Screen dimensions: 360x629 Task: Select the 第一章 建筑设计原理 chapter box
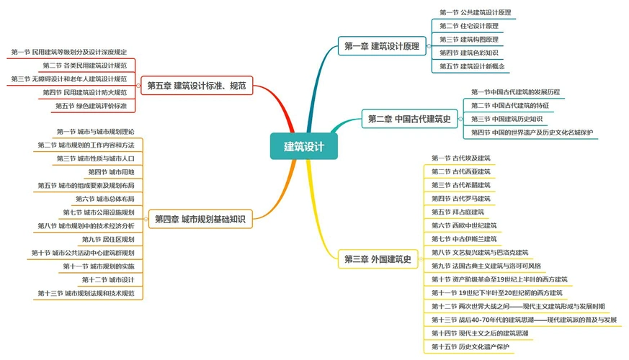coord(380,47)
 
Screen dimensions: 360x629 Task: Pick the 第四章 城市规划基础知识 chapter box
coord(200,219)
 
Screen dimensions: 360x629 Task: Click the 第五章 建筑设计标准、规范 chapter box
coord(196,86)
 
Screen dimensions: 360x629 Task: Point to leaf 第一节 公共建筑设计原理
coord(476,12)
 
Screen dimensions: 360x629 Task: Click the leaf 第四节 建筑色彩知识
coord(469,53)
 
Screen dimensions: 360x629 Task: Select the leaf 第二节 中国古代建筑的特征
coord(509,105)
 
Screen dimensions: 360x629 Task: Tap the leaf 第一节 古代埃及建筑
coord(461,158)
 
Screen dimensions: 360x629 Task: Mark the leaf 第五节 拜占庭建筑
coord(458,212)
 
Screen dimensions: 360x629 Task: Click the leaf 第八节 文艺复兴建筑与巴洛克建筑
coord(480,253)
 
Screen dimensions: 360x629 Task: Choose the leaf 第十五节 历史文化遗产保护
coord(470,347)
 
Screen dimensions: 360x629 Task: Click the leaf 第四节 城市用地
coord(111,171)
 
